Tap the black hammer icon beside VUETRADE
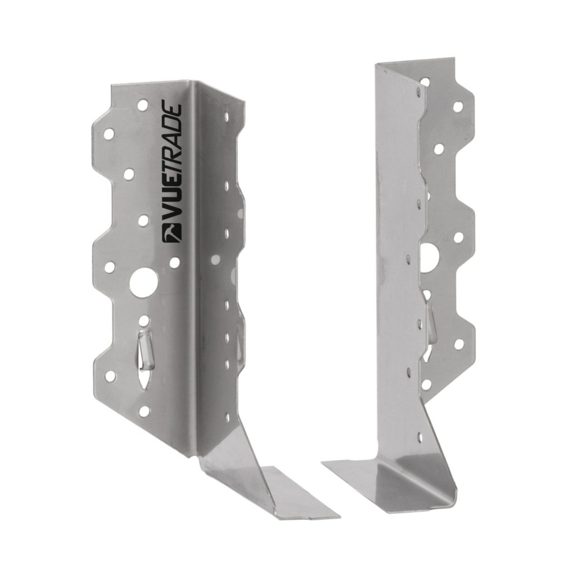click(169, 234)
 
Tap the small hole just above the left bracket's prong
click(144, 314)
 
